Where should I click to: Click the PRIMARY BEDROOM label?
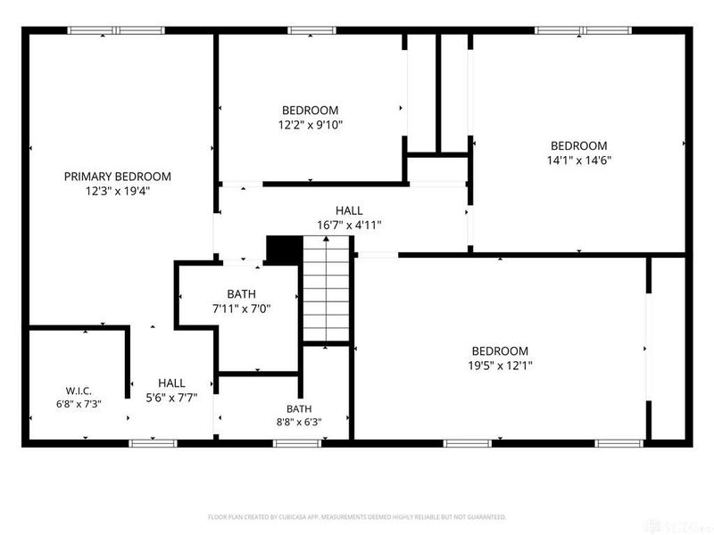pyautogui.click(x=118, y=177)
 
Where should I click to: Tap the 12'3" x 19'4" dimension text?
pyautogui.click(x=118, y=191)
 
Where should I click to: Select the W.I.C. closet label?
pyautogui.click(x=79, y=391)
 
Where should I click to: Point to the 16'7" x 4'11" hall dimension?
pyautogui.click(x=349, y=226)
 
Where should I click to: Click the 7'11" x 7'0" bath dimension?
pyautogui.click(x=241, y=309)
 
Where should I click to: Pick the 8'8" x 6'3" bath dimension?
pyautogui.click(x=299, y=422)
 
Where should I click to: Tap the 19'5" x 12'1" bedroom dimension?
pyautogui.click(x=500, y=366)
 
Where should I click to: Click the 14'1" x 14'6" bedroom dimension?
pyautogui.click(x=578, y=160)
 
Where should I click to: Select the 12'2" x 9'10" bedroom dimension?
pyautogui.click(x=310, y=125)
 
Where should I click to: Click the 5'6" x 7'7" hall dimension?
pyautogui.click(x=171, y=398)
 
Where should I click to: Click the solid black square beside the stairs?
pyautogui.click(x=285, y=250)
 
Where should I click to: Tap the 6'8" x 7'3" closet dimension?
pyautogui.click(x=79, y=404)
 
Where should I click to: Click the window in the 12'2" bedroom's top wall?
pyautogui.click(x=311, y=30)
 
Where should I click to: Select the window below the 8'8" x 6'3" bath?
pyautogui.click(x=297, y=443)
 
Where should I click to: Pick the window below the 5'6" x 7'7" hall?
pyautogui.click(x=153, y=443)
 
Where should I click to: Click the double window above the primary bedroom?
pyautogui.click(x=116, y=30)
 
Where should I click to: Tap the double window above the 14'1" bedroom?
pyautogui.click(x=583, y=30)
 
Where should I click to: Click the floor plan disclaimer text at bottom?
pyautogui.click(x=357, y=517)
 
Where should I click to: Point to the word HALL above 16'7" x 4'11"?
pyautogui.click(x=349, y=210)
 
